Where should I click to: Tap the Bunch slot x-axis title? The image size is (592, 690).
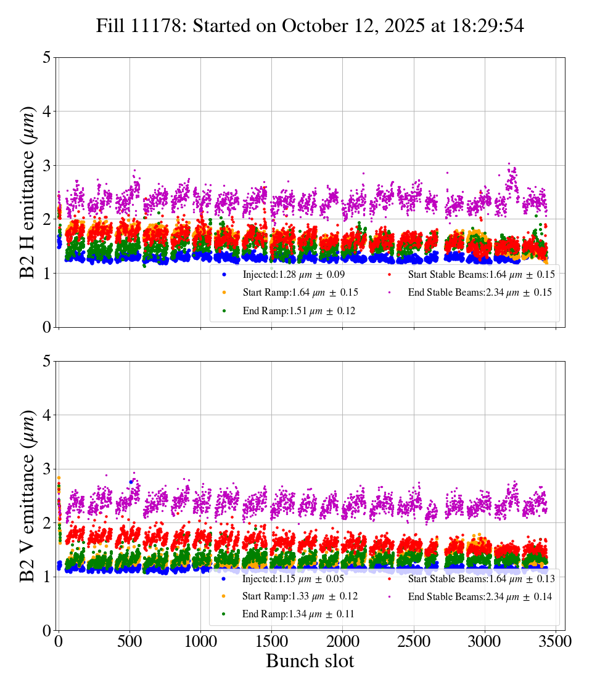(310, 662)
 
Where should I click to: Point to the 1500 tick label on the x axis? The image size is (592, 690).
(271, 642)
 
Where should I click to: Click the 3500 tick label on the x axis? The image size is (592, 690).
(556, 642)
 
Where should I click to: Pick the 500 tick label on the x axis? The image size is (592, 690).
(129, 642)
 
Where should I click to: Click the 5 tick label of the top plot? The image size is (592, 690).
(46, 58)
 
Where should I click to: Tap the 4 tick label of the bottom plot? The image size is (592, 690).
(46, 415)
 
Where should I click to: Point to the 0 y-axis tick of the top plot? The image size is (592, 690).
(46, 327)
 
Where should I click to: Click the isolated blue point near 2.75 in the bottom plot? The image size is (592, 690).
(131, 482)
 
